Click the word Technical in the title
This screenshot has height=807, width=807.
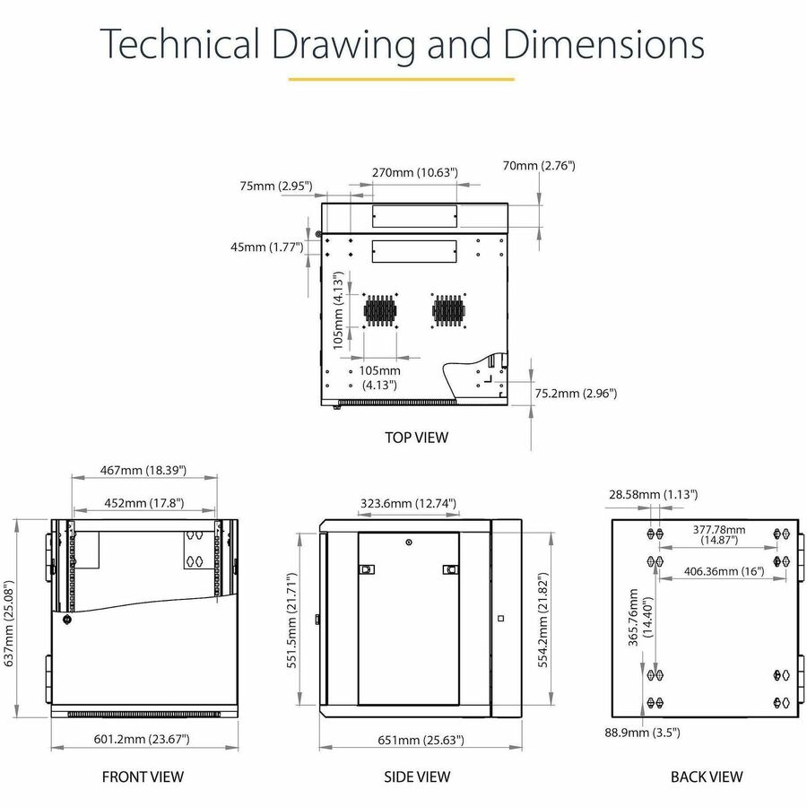179,44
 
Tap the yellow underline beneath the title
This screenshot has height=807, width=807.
402,79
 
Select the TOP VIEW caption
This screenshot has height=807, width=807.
416,438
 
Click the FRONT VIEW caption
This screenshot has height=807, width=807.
143,777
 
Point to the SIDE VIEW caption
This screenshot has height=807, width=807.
417,777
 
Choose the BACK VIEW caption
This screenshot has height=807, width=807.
707,777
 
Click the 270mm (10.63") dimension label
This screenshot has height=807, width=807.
415,172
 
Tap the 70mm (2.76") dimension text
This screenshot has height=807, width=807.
539,166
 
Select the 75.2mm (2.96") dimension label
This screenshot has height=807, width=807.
576,394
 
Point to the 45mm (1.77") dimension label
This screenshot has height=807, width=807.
266,247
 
